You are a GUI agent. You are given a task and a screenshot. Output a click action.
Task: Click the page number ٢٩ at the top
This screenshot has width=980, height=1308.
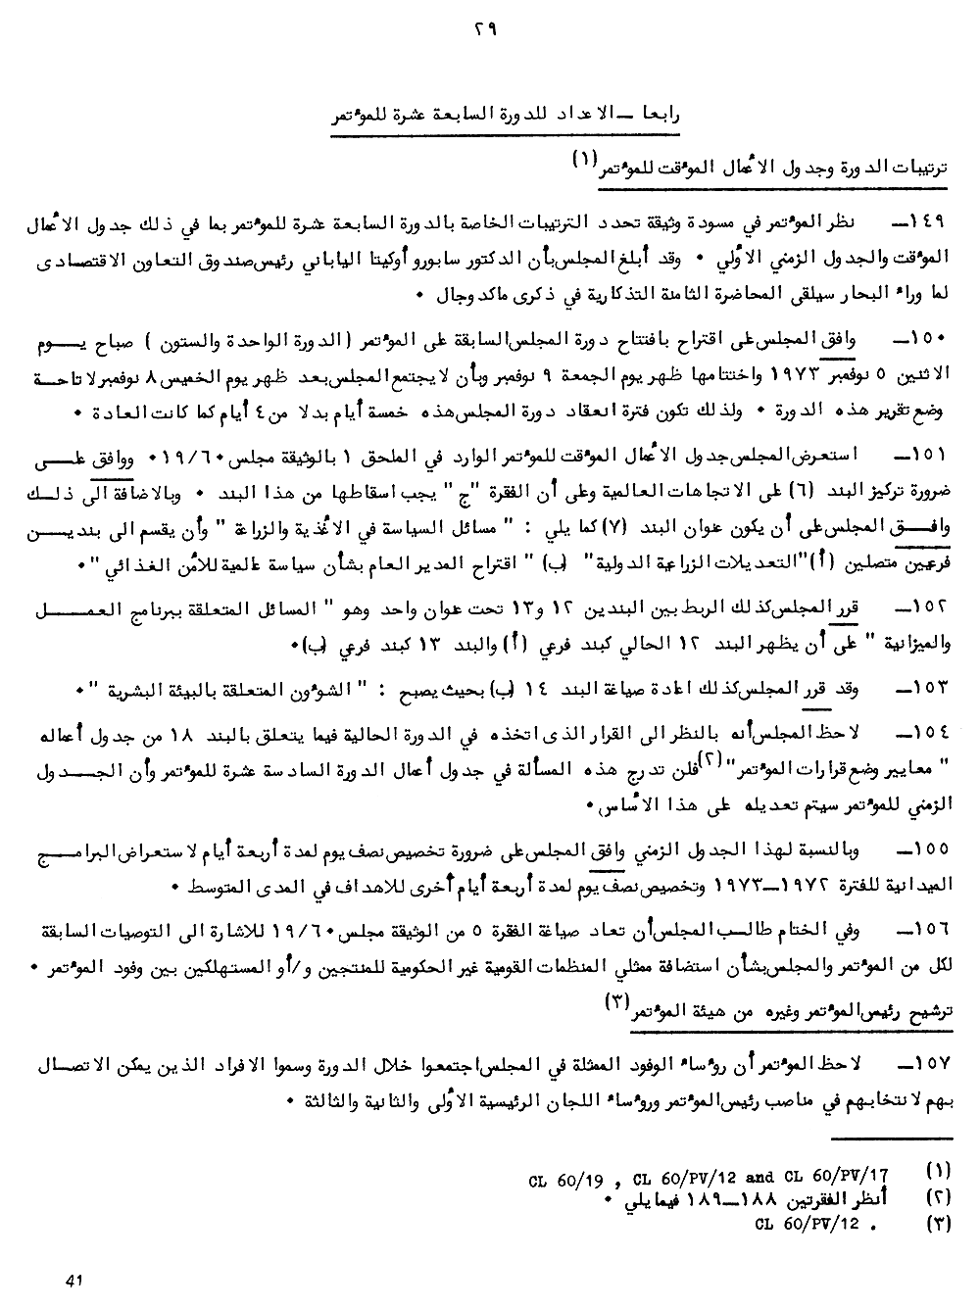(486, 32)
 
